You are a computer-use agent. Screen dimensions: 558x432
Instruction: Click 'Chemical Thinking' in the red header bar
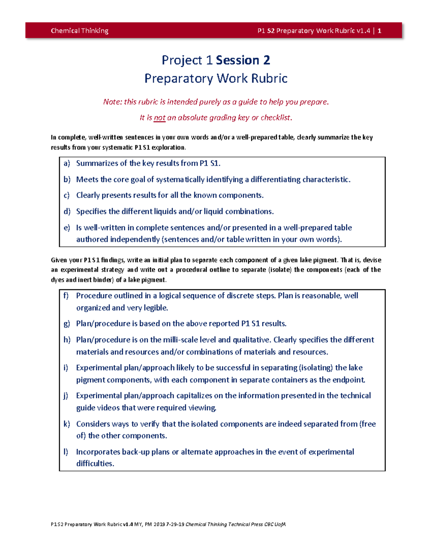click(x=80, y=31)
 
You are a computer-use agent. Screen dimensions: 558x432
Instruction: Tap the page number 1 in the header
click(x=379, y=31)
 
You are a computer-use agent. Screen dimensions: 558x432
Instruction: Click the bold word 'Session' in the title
click(x=237, y=60)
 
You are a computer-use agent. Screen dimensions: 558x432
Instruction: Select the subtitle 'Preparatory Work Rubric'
click(x=216, y=78)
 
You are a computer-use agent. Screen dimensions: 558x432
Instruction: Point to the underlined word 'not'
click(x=159, y=117)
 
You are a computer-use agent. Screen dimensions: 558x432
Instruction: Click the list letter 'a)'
click(x=67, y=163)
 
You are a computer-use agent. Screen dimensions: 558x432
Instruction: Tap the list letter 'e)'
click(x=67, y=228)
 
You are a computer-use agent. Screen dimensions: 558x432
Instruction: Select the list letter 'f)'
click(x=66, y=296)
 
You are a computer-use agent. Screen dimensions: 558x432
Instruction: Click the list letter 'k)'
click(x=67, y=424)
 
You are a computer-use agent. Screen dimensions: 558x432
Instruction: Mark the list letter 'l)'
click(x=66, y=452)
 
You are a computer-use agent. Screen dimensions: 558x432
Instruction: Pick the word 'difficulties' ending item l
click(x=94, y=464)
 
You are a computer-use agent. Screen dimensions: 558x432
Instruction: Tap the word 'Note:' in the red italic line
click(x=113, y=102)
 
